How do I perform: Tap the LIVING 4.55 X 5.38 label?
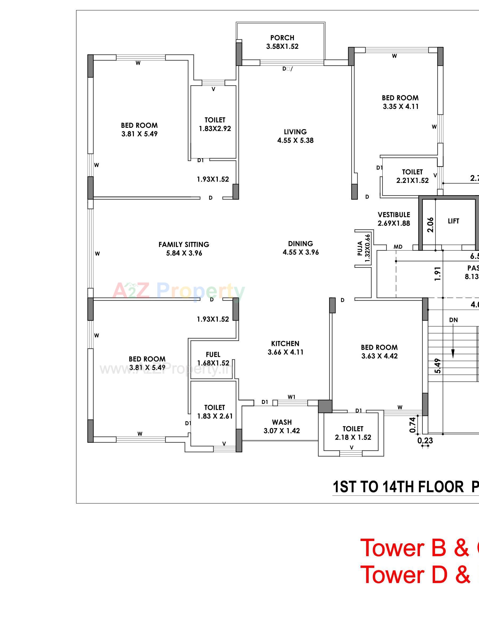(x=295, y=136)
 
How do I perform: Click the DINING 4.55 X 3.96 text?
(x=300, y=248)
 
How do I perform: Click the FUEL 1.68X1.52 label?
(x=213, y=358)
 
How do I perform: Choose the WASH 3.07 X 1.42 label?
(x=282, y=426)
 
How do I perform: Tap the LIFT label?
(x=453, y=221)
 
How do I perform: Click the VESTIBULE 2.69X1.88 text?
(x=394, y=219)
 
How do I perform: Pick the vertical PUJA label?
(x=360, y=248)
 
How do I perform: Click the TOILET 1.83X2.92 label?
(x=215, y=124)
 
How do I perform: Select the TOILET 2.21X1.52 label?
(x=412, y=176)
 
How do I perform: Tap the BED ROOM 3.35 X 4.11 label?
(x=400, y=102)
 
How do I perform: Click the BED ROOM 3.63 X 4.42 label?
(x=379, y=351)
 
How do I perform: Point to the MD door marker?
(x=398, y=247)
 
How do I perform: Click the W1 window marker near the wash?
(x=292, y=397)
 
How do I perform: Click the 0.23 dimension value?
(x=425, y=441)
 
